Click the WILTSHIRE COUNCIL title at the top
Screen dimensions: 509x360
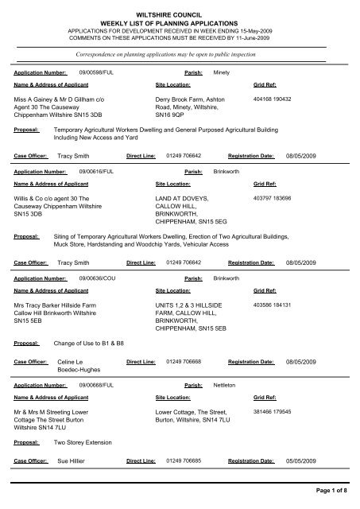[180, 7]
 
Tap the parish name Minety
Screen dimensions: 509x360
[223, 72]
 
